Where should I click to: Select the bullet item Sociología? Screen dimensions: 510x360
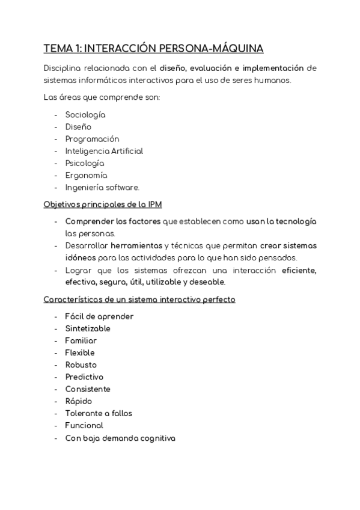click(85, 115)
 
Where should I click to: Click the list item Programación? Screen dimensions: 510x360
click(92, 139)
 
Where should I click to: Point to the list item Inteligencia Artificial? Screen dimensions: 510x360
click(104, 151)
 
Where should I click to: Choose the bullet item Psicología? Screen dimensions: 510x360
click(85, 163)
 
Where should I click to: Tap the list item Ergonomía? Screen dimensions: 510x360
click(86, 175)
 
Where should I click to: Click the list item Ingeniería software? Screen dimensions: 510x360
click(102, 187)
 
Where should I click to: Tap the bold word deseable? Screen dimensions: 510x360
click(207, 281)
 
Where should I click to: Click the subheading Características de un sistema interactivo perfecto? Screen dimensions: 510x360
click(139, 299)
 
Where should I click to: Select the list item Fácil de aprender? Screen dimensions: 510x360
click(99, 316)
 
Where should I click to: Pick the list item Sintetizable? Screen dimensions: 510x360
click(88, 328)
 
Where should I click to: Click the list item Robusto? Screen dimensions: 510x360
click(81, 364)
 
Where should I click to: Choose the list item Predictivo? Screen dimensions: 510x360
click(84, 376)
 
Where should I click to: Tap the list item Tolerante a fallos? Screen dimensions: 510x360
click(99, 413)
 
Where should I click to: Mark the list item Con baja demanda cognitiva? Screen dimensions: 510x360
click(120, 438)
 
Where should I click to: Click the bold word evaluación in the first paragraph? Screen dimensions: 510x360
click(211, 67)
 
